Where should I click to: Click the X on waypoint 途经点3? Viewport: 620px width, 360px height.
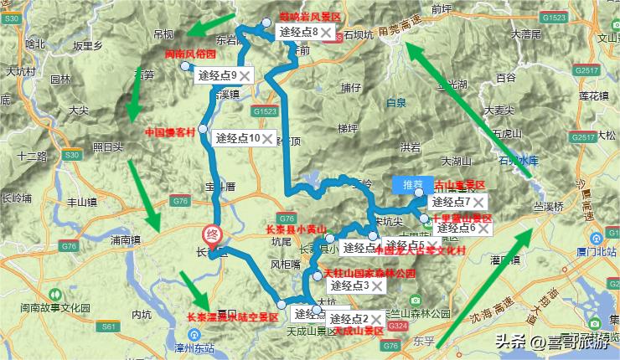click(377, 285)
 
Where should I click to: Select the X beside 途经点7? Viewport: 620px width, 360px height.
click(478, 202)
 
